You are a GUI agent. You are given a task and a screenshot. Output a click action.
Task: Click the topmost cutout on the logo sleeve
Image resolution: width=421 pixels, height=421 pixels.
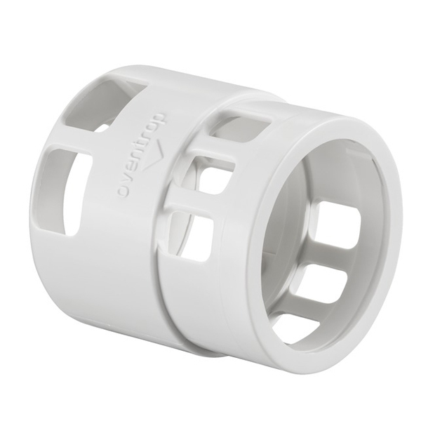(x=107, y=105)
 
